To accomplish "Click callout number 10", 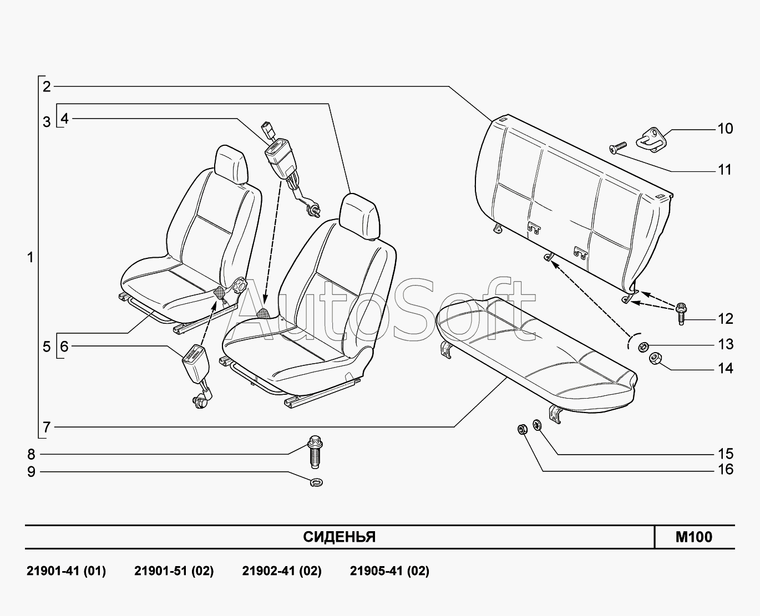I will (x=725, y=129).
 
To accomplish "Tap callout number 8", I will (x=31, y=455).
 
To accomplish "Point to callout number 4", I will (x=65, y=119).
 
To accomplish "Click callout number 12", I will (x=725, y=319).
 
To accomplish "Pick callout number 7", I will (x=47, y=427).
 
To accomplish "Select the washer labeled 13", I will (x=643, y=347).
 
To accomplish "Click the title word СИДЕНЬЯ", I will (x=339, y=537).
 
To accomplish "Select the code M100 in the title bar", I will (x=693, y=537).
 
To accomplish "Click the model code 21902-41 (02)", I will (x=281, y=571).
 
